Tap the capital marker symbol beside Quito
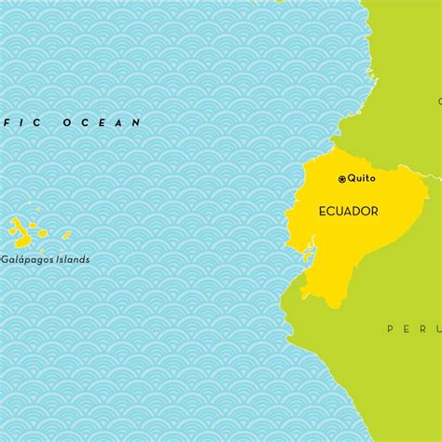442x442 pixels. (341, 178)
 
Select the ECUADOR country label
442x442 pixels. (348, 212)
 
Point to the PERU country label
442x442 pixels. (407, 328)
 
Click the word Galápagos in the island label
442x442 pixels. (27, 259)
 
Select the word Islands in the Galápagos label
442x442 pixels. (73, 259)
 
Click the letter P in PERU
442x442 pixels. (391, 328)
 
